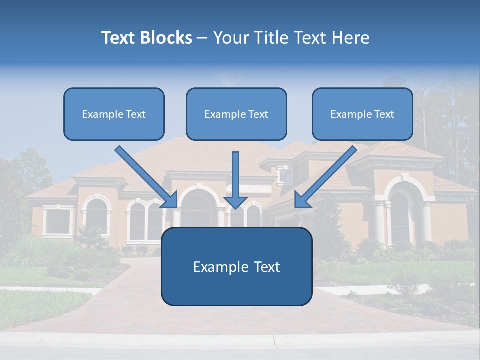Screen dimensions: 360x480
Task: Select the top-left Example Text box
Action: point(114,114)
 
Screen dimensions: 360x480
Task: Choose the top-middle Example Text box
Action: point(236,114)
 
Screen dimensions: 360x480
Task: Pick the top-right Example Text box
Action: point(362,114)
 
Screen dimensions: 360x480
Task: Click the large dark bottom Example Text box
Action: point(236,267)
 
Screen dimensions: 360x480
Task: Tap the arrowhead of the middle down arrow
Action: point(235,201)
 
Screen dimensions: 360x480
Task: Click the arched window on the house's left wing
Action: point(97,215)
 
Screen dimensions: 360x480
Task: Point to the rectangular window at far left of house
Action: point(58,221)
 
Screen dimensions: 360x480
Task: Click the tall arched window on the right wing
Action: point(399,215)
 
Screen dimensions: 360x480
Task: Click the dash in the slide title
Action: point(202,38)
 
